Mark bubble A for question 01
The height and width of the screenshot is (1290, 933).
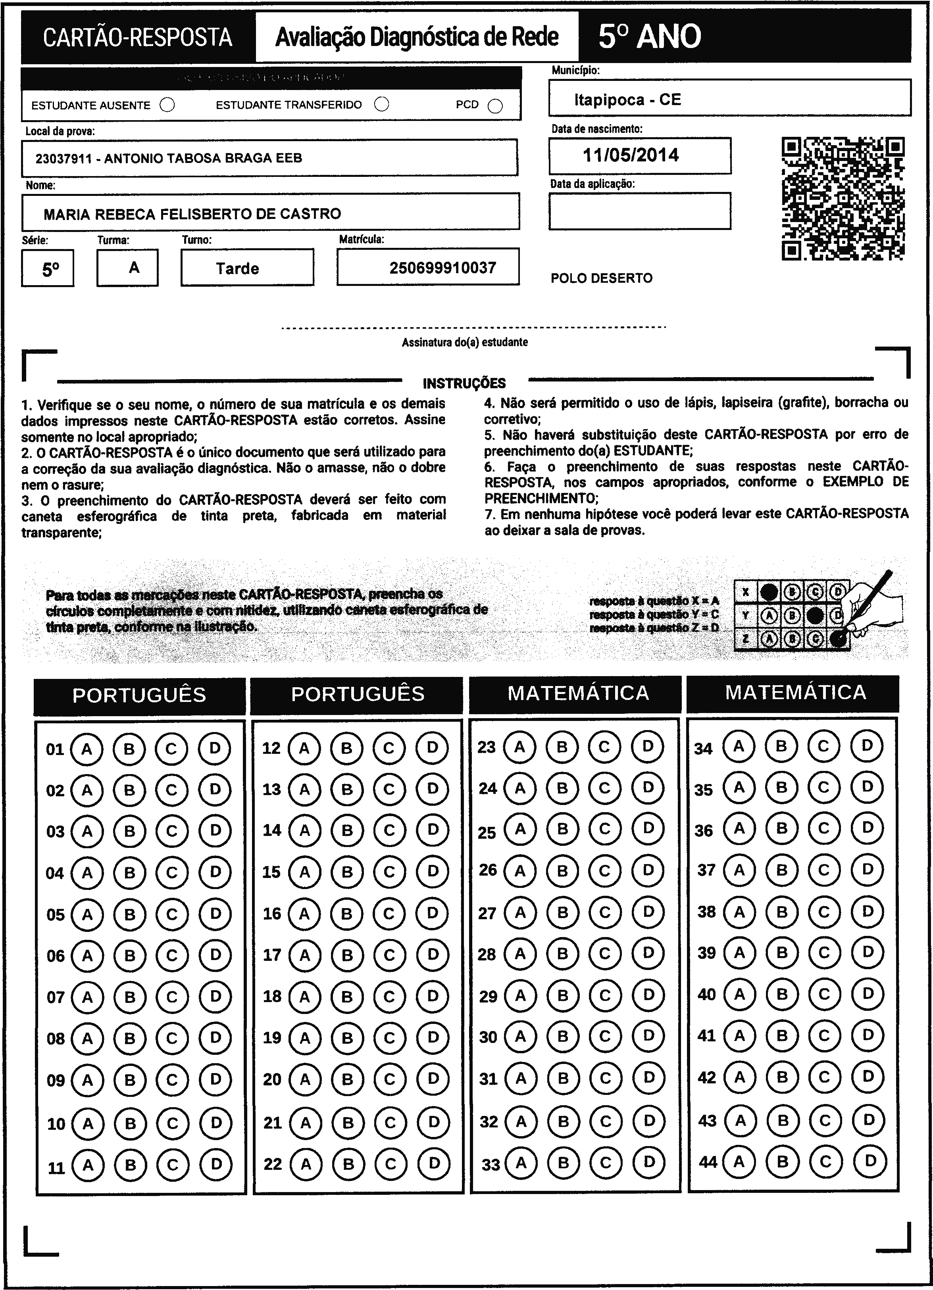tap(87, 749)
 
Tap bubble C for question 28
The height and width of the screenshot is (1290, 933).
tap(604, 953)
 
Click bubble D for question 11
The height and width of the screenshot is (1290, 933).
tap(216, 1164)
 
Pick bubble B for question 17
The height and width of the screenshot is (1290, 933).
tap(347, 955)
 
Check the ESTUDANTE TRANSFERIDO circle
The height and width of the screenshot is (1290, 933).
tap(382, 104)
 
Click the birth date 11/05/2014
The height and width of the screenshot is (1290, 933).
tap(631, 155)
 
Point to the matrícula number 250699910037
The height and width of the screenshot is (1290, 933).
tap(442, 268)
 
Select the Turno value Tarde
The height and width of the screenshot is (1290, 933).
tap(237, 268)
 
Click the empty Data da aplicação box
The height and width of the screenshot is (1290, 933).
tap(640, 211)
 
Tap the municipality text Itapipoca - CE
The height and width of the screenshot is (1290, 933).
tap(627, 100)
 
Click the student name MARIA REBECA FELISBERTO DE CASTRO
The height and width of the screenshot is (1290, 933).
tap(192, 214)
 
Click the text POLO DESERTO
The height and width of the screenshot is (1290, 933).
tap(602, 278)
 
